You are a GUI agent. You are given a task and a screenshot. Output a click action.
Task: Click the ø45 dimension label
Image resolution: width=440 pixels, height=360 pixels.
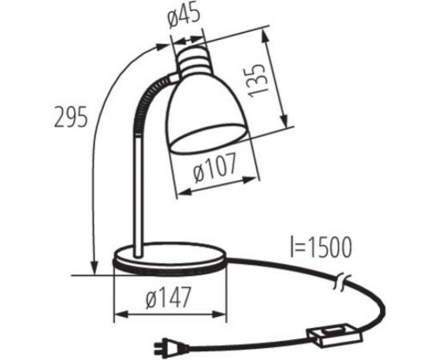[x=184, y=16]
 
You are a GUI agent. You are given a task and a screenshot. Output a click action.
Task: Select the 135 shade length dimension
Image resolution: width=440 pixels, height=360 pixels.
[x=257, y=81]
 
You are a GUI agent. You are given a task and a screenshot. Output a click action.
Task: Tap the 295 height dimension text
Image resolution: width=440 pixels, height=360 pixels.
[x=70, y=117]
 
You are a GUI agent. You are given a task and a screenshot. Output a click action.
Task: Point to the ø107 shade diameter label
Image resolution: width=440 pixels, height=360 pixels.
[x=214, y=167]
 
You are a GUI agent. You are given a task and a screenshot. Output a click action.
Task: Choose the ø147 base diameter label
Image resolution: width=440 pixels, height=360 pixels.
[x=168, y=297]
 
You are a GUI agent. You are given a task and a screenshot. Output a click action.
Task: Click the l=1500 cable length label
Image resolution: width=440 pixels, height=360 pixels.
[x=321, y=247]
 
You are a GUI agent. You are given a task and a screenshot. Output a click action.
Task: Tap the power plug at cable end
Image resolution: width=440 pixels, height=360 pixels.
[x=170, y=346]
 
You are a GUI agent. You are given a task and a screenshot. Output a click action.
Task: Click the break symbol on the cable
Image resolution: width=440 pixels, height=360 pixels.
[x=342, y=282]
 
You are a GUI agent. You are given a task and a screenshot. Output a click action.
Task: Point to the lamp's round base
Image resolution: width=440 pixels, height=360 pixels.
[x=170, y=258]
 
